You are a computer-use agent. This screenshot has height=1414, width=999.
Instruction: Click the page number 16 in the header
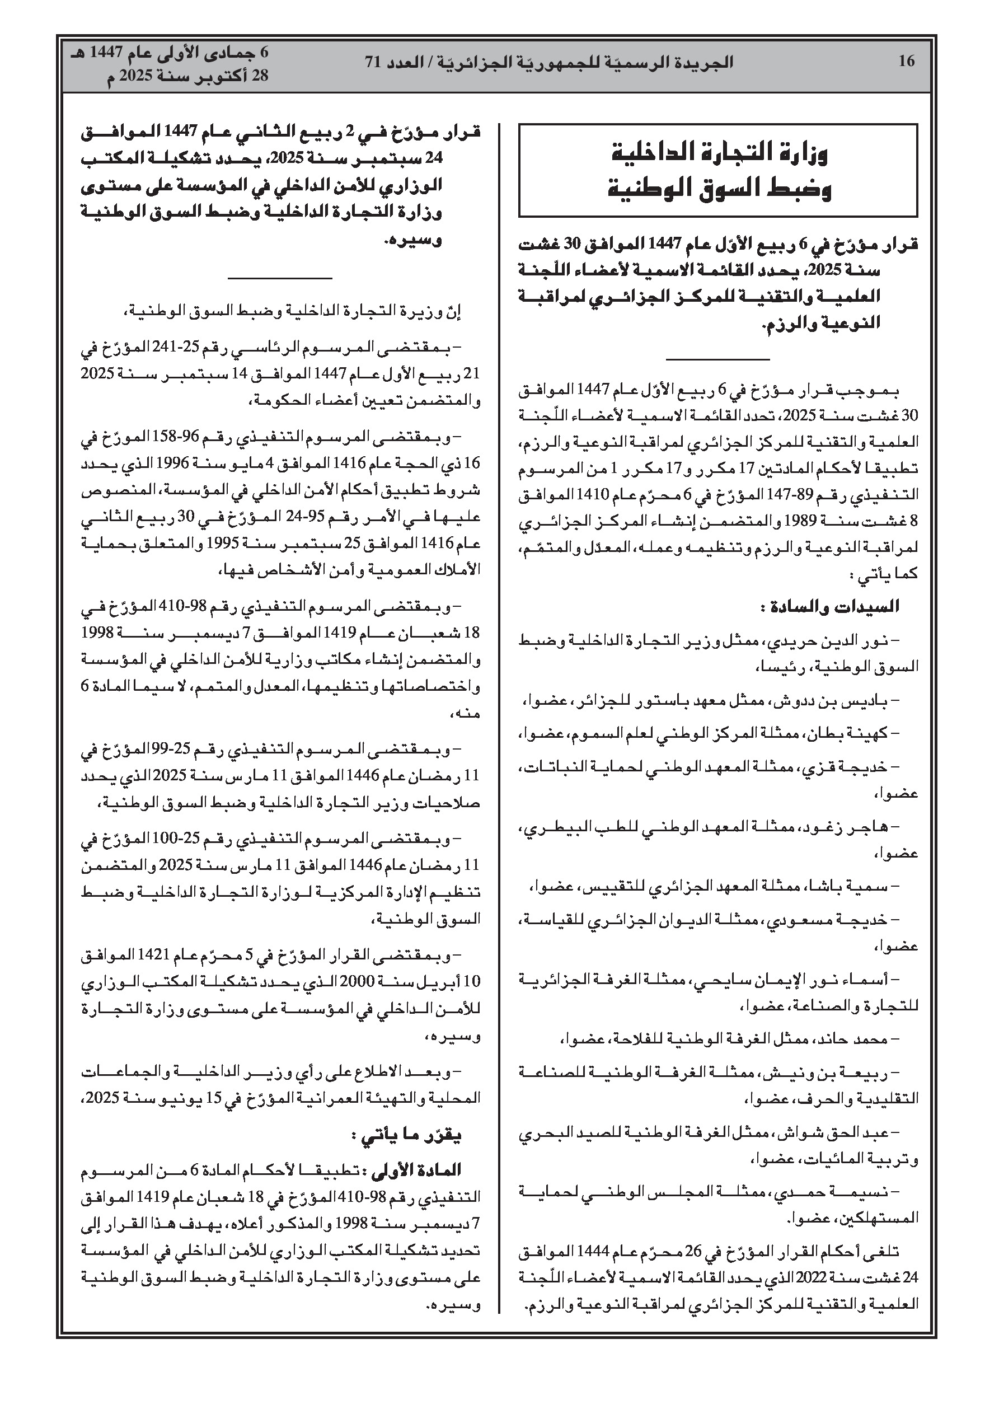[x=906, y=61]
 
